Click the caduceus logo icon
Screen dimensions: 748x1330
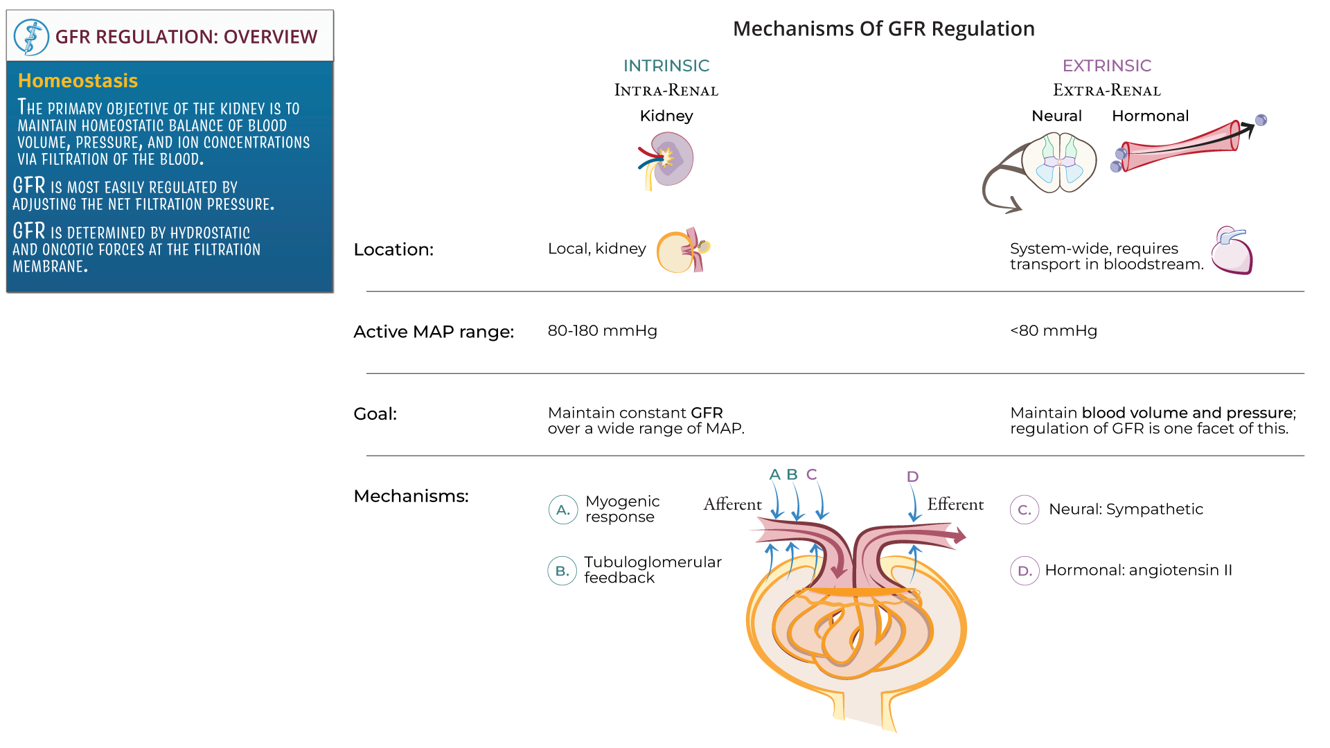click(x=31, y=37)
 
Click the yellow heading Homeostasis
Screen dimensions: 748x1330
click(x=78, y=81)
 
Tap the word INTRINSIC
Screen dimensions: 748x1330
click(x=666, y=66)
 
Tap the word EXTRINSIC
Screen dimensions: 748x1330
click(x=1106, y=66)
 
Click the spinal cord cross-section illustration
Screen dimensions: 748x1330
click(x=1058, y=163)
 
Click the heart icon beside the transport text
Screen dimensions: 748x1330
click(x=1232, y=251)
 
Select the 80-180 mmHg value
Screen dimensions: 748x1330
click(x=602, y=331)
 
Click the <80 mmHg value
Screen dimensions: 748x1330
click(x=1053, y=331)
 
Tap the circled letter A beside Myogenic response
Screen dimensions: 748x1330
click(x=562, y=510)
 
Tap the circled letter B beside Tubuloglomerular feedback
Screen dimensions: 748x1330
click(x=562, y=571)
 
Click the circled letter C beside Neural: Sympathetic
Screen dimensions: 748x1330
click(x=1024, y=510)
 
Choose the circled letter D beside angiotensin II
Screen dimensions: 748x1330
click(x=1024, y=571)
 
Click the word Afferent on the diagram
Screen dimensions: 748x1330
click(x=732, y=504)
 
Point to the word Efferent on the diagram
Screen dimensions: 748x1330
click(x=955, y=504)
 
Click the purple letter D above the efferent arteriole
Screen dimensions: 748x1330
click(x=912, y=477)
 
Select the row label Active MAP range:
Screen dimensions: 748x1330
click(x=434, y=332)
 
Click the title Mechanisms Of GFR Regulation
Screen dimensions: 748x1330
click(x=883, y=29)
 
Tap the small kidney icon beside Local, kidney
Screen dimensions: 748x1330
click(x=682, y=251)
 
